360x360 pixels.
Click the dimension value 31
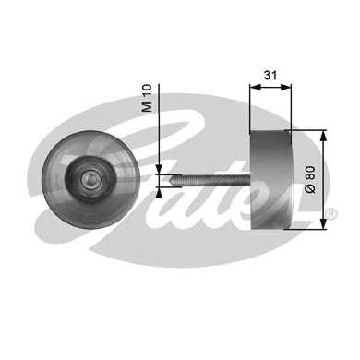[270, 75]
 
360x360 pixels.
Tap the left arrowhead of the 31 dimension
[254, 89]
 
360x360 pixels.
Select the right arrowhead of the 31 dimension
[286, 89]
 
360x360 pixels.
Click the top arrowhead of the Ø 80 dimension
[323, 135]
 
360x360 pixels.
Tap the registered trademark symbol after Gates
[330, 216]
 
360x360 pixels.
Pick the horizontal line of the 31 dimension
[270, 89]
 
